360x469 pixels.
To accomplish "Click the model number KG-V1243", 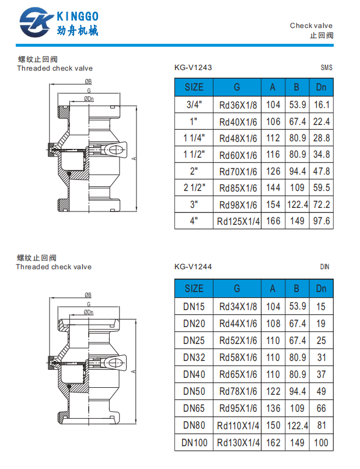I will click(193, 67).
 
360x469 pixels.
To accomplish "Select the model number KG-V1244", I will click(193, 267).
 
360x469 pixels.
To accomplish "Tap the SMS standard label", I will click(326, 67).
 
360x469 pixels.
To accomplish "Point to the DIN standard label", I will click(325, 267).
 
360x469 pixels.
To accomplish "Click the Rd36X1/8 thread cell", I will click(237, 105).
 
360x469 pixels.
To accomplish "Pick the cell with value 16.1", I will click(321, 105).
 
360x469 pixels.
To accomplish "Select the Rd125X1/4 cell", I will click(237, 221).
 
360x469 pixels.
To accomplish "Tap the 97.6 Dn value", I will click(321, 221).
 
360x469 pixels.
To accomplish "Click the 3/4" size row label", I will click(194, 105).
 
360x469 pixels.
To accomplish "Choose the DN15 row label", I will click(194, 306).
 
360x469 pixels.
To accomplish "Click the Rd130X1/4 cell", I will click(237, 443).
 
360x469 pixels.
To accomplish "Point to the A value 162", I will click(272, 443).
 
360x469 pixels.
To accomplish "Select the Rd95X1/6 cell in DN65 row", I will click(237, 408).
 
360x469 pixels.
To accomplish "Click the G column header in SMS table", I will click(237, 87).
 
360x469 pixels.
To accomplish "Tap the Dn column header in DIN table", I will click(321, 288).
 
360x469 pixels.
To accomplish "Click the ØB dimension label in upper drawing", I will click(88, 81).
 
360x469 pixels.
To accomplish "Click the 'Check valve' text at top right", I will click(311, 26).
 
